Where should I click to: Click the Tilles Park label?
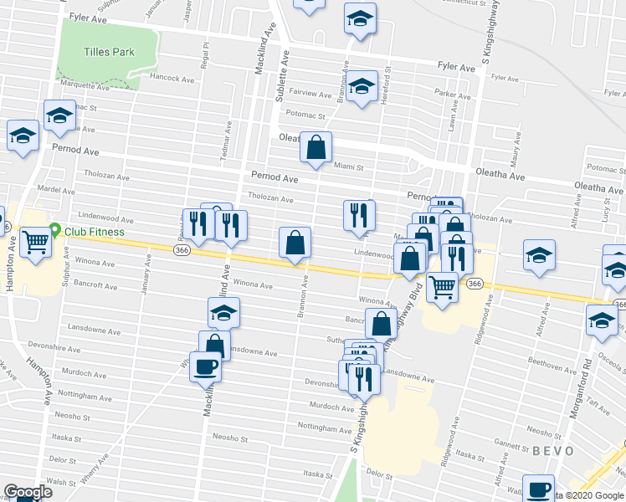[109, 52]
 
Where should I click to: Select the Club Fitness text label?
[95, 233]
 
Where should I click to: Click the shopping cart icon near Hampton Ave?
[36, 243]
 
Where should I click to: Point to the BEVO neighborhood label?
[552, 451]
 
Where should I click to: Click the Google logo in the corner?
[28, 492]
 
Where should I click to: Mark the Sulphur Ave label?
[64, 267]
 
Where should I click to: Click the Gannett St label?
[510, 443]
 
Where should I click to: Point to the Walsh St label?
[61, 482]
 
